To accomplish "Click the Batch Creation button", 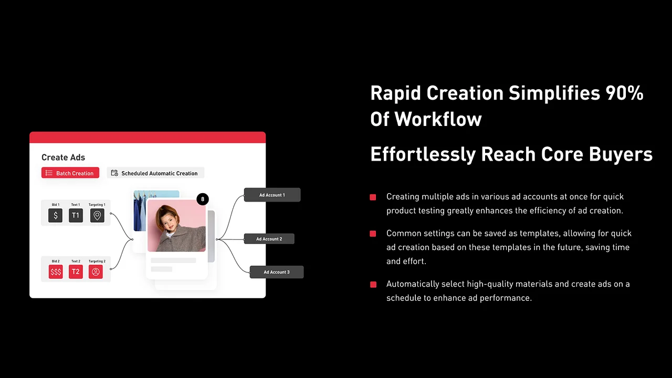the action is [70, 173].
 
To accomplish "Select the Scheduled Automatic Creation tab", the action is [156, 173].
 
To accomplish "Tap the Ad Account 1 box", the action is [272, 195].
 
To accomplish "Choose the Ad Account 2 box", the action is [269, 239].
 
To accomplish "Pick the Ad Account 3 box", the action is [277, 272].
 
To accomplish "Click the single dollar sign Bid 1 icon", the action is [56, 215].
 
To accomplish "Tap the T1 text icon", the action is [76, 215].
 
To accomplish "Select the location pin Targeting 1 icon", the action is [97, 215].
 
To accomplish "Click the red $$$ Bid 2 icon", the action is [56, 272].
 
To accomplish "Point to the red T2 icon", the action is [76, 272].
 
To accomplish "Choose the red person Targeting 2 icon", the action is [96, 272].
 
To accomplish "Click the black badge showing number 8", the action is [203, 199].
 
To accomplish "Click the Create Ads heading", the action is [64, 157].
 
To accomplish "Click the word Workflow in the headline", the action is [438, 119].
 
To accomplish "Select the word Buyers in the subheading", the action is [621, 154].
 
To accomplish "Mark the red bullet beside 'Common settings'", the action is [373, 234].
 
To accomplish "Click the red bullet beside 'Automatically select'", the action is [373, 285].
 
